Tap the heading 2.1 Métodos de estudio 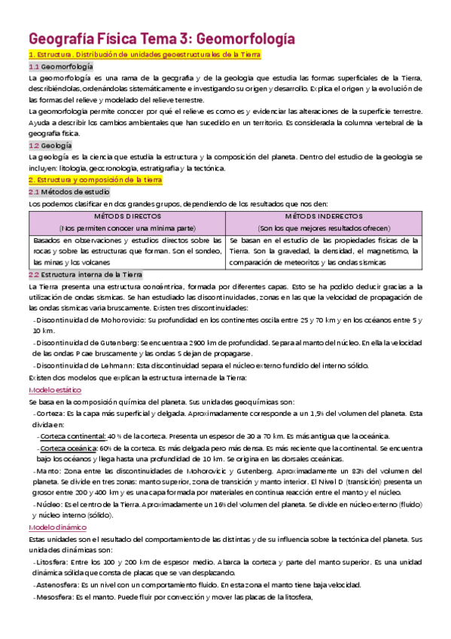click(66, 193)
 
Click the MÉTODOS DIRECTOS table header click(126, 216)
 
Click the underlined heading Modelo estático click(54, 390)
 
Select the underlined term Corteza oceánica click(70, 448)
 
